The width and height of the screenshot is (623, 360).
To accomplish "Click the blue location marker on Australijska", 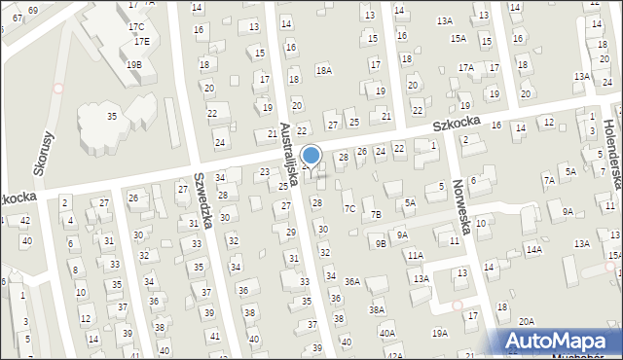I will click(311, 155).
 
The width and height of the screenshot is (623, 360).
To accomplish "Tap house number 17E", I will click(142, 42).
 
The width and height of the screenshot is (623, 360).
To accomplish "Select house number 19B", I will click(134, 64).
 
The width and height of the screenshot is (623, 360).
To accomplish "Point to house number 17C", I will click(136, 26).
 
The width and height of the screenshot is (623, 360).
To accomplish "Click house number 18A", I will click(323, 70).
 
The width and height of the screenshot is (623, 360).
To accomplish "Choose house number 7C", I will click(348, 208).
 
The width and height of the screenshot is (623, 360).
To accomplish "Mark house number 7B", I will click(376, 214).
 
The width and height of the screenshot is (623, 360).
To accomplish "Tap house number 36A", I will click(352, 282).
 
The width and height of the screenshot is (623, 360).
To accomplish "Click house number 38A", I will click(377, 309).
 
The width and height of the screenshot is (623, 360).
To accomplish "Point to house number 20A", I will click(527, 321).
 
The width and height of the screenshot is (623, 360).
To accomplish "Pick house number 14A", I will click(533, 250).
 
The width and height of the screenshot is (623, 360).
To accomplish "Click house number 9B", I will click(380, 244).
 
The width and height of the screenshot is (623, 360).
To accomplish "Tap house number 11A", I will click(416, 255).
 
